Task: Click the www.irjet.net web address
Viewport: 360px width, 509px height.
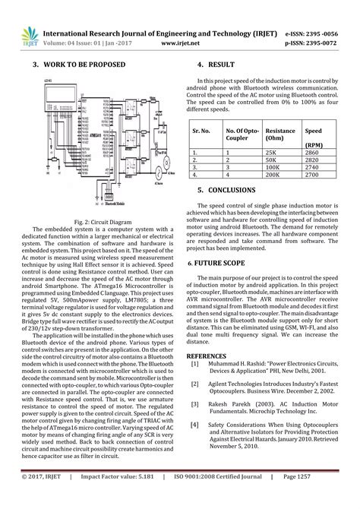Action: click(181, 44)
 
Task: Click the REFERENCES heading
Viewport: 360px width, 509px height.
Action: click(206, 356)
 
